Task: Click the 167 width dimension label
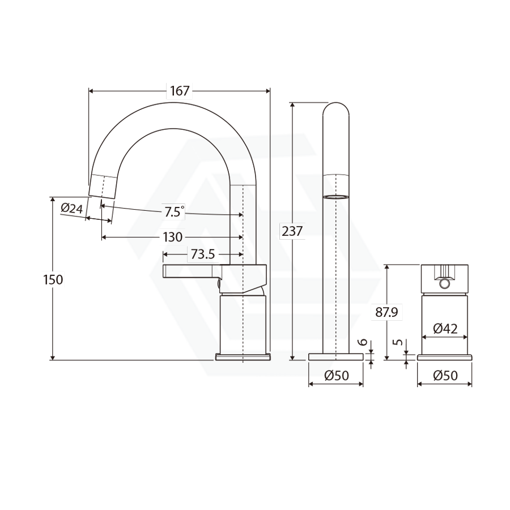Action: [x=180, y=91]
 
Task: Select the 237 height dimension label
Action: [x=292, y=231]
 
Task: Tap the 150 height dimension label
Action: [x=53, y=279]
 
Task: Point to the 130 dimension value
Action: [x=173, y=237]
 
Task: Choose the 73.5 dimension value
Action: [x=202, y=254]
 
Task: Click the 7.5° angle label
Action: [x=174, y=212]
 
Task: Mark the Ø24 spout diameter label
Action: [x=72, y=209]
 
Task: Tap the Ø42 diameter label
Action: [x=445, y=328]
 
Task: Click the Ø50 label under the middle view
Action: [x=337, y=376]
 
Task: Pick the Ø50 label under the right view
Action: [x=445, y=376]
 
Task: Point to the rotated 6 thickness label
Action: [x=364, y=344]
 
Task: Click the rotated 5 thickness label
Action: [x=399, y=343]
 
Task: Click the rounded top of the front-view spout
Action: [x=335, y=108]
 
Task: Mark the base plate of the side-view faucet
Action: [x=243, y=357]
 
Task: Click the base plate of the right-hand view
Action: [x=445, y=357]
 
